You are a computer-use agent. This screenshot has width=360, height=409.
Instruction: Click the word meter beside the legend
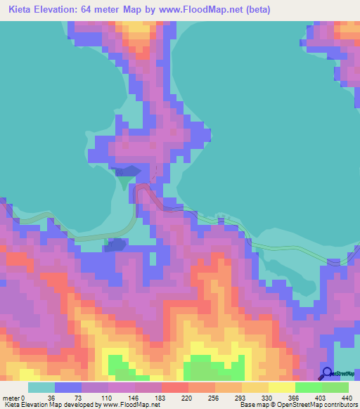(12, 397)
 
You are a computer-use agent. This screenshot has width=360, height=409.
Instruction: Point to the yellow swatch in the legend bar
(281, 387)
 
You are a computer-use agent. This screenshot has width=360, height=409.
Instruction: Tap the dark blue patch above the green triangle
(127, 171)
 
